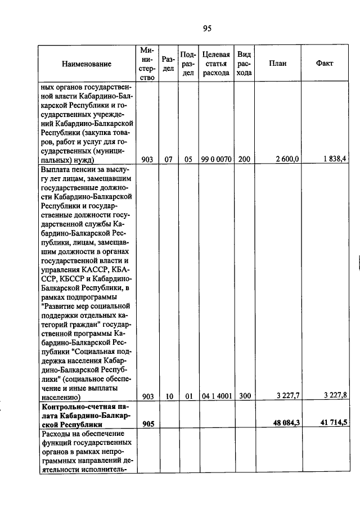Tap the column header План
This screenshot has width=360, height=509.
point(278,64)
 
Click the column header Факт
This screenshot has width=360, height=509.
point(325,64)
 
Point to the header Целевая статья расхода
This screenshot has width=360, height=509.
point(215,64)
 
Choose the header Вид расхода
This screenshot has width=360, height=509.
point(244,64)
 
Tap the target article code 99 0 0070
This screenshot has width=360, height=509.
point(215,160)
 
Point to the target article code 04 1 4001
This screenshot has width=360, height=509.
point(215,396)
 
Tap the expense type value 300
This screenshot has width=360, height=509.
point(244,396)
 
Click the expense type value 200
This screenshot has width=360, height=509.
point(244,160)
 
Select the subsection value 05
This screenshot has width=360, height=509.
point(188,160)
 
